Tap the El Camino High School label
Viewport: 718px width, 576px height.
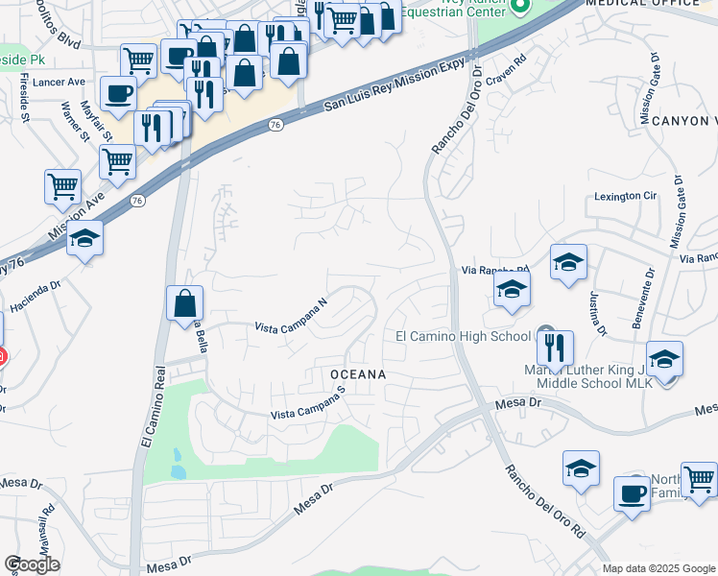pyautogui.click(x=463, y=336)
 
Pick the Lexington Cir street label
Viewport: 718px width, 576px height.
pyautogui.click(x=625, y=196)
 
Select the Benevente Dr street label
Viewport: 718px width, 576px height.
pyautogui.click(x=641, y=299)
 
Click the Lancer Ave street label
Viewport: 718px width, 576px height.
pyautogui.click(x=59, y=83)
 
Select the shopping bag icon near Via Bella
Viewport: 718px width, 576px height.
pyautogui.click(x=184, y=303)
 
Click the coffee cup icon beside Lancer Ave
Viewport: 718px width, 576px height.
pyautogui.click(x=118, y=94)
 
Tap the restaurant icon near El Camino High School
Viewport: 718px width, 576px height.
pyautogui.click(x=555, y=347)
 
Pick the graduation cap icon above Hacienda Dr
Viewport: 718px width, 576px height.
pyautogui.click(x=84, y=239)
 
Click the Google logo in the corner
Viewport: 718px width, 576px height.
pyautogui.click(x=32, y=564)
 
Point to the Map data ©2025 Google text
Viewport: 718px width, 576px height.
pyautogui.click(x=658, y=568)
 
